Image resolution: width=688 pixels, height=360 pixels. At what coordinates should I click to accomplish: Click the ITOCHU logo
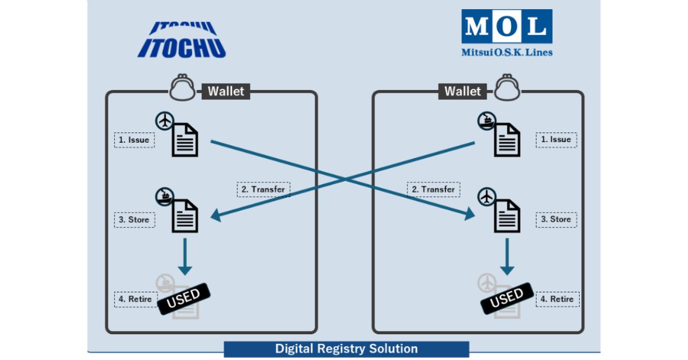coord(182,40)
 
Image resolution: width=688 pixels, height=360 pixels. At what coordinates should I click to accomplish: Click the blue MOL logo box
coord(506,26)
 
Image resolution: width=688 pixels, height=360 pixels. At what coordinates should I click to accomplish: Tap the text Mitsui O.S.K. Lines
coord(507,52)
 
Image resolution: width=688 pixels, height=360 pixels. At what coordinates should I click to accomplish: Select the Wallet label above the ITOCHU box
coord(225,91)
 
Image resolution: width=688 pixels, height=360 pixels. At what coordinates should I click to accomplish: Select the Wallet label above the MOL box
coord(463,91)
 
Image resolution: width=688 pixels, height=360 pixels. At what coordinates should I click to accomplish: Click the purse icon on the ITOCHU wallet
coord(183,88)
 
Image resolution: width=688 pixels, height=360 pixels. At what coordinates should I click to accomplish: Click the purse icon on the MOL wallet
coord(505,88)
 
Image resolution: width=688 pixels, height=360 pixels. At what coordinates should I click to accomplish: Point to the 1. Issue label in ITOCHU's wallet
coord(134,140)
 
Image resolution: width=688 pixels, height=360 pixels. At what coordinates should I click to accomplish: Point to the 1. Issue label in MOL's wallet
coord(556,139)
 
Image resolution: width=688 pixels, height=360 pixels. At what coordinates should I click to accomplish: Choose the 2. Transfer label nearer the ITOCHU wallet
coord(264,189)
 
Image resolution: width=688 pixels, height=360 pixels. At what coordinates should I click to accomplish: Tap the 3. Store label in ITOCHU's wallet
coord(134,220)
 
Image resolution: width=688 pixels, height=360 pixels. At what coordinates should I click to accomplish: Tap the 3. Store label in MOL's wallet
coord(556,219)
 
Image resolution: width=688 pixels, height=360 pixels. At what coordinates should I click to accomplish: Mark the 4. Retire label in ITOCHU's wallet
coord(134,299)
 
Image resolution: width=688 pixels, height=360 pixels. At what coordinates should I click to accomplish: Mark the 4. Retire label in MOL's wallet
coord(556,299)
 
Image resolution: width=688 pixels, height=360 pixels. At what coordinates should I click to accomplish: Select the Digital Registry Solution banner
coord(346,349)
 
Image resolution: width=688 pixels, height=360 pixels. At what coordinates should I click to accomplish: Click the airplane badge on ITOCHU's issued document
coord(165,121)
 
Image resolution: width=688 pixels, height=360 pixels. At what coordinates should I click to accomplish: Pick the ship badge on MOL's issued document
coord(487,121)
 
